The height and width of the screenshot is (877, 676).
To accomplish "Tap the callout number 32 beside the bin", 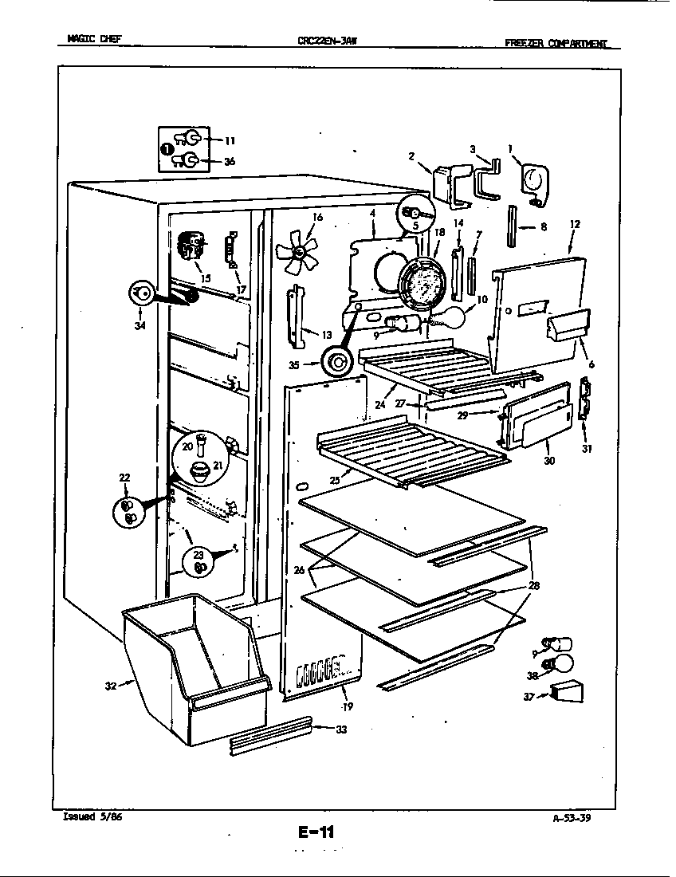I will pyautogui.click(x=111, y=685).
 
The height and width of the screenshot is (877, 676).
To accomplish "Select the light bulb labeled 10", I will pyautogui.click(x=452, y=317).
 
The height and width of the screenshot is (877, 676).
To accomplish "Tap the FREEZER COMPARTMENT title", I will pyautogui.click(x=562, y=43).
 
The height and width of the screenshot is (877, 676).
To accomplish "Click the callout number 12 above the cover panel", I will pyautogui.click(x=575, y=225).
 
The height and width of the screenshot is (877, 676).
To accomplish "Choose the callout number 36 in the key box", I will pyautogui.click(x=230, y=162).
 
